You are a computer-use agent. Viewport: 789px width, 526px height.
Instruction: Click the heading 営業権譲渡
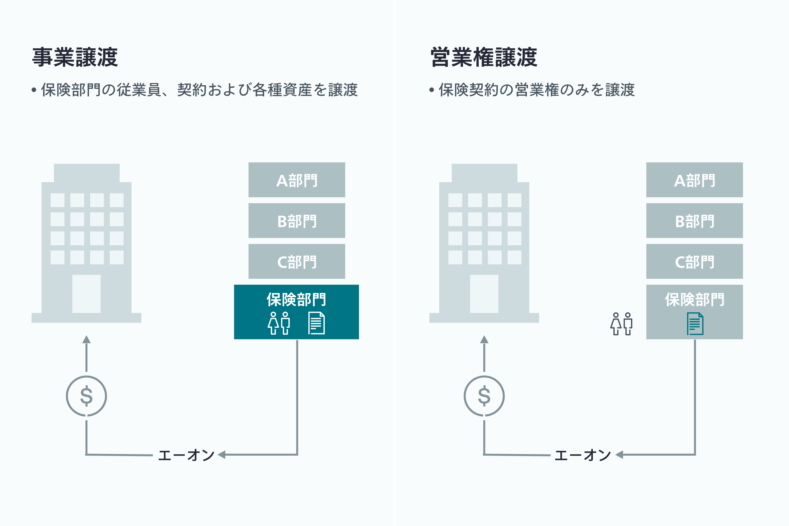pos(484,57)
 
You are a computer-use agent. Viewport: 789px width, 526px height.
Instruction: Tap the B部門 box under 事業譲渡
pos(297,221)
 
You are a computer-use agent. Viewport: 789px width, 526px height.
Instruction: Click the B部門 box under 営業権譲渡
pos(694,221)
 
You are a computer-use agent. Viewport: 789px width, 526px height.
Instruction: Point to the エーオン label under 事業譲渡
pos(186,455)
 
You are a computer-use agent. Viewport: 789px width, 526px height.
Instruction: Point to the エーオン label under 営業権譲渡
pos(583,455)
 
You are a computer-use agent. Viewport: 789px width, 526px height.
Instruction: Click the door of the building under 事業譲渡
pos(87,294)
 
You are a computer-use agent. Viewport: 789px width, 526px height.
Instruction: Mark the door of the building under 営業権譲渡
pos(484,294)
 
